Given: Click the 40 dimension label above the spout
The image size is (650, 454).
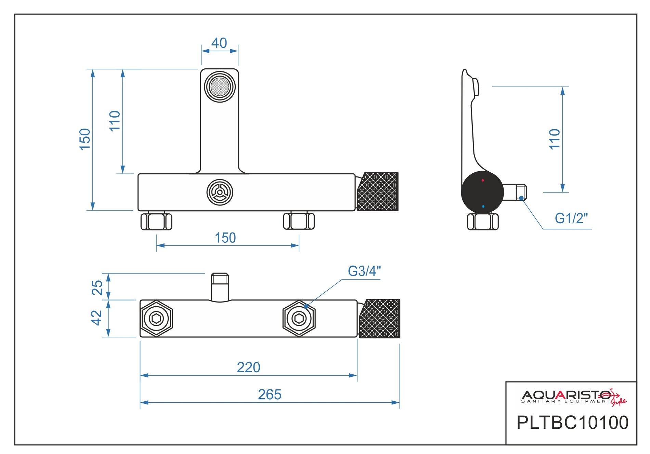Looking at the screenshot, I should tap(219, 43).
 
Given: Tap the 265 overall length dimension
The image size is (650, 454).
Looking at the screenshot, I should tap(270, 395).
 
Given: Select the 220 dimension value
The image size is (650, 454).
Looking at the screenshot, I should tap(249, 368).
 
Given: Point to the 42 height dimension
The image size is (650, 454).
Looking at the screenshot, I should tap(96, 318).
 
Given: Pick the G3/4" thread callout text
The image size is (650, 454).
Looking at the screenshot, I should tap(364, 271).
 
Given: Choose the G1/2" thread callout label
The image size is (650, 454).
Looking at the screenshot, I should tap(571, 218).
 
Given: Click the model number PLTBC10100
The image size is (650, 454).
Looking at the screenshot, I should tap(572, 423).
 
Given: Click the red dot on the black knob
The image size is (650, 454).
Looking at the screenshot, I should tap(483, 180).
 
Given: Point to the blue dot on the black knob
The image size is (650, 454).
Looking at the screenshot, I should tap(483, 206).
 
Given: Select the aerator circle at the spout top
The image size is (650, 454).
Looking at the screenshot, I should tap(220, 86).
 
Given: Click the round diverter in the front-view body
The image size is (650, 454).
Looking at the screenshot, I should tap(220, 192).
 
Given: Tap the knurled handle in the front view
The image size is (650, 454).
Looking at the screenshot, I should tap(377, 191).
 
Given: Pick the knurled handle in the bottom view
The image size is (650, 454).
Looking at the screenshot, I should tap(380, 318).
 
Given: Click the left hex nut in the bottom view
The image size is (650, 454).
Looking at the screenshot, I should tap(157, 319).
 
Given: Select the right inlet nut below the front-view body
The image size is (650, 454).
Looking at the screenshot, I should tap(299, 221).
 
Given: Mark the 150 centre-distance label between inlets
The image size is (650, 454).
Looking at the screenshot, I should tap(225, 238).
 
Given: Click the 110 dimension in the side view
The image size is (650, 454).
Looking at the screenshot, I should tap(555, 139).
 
